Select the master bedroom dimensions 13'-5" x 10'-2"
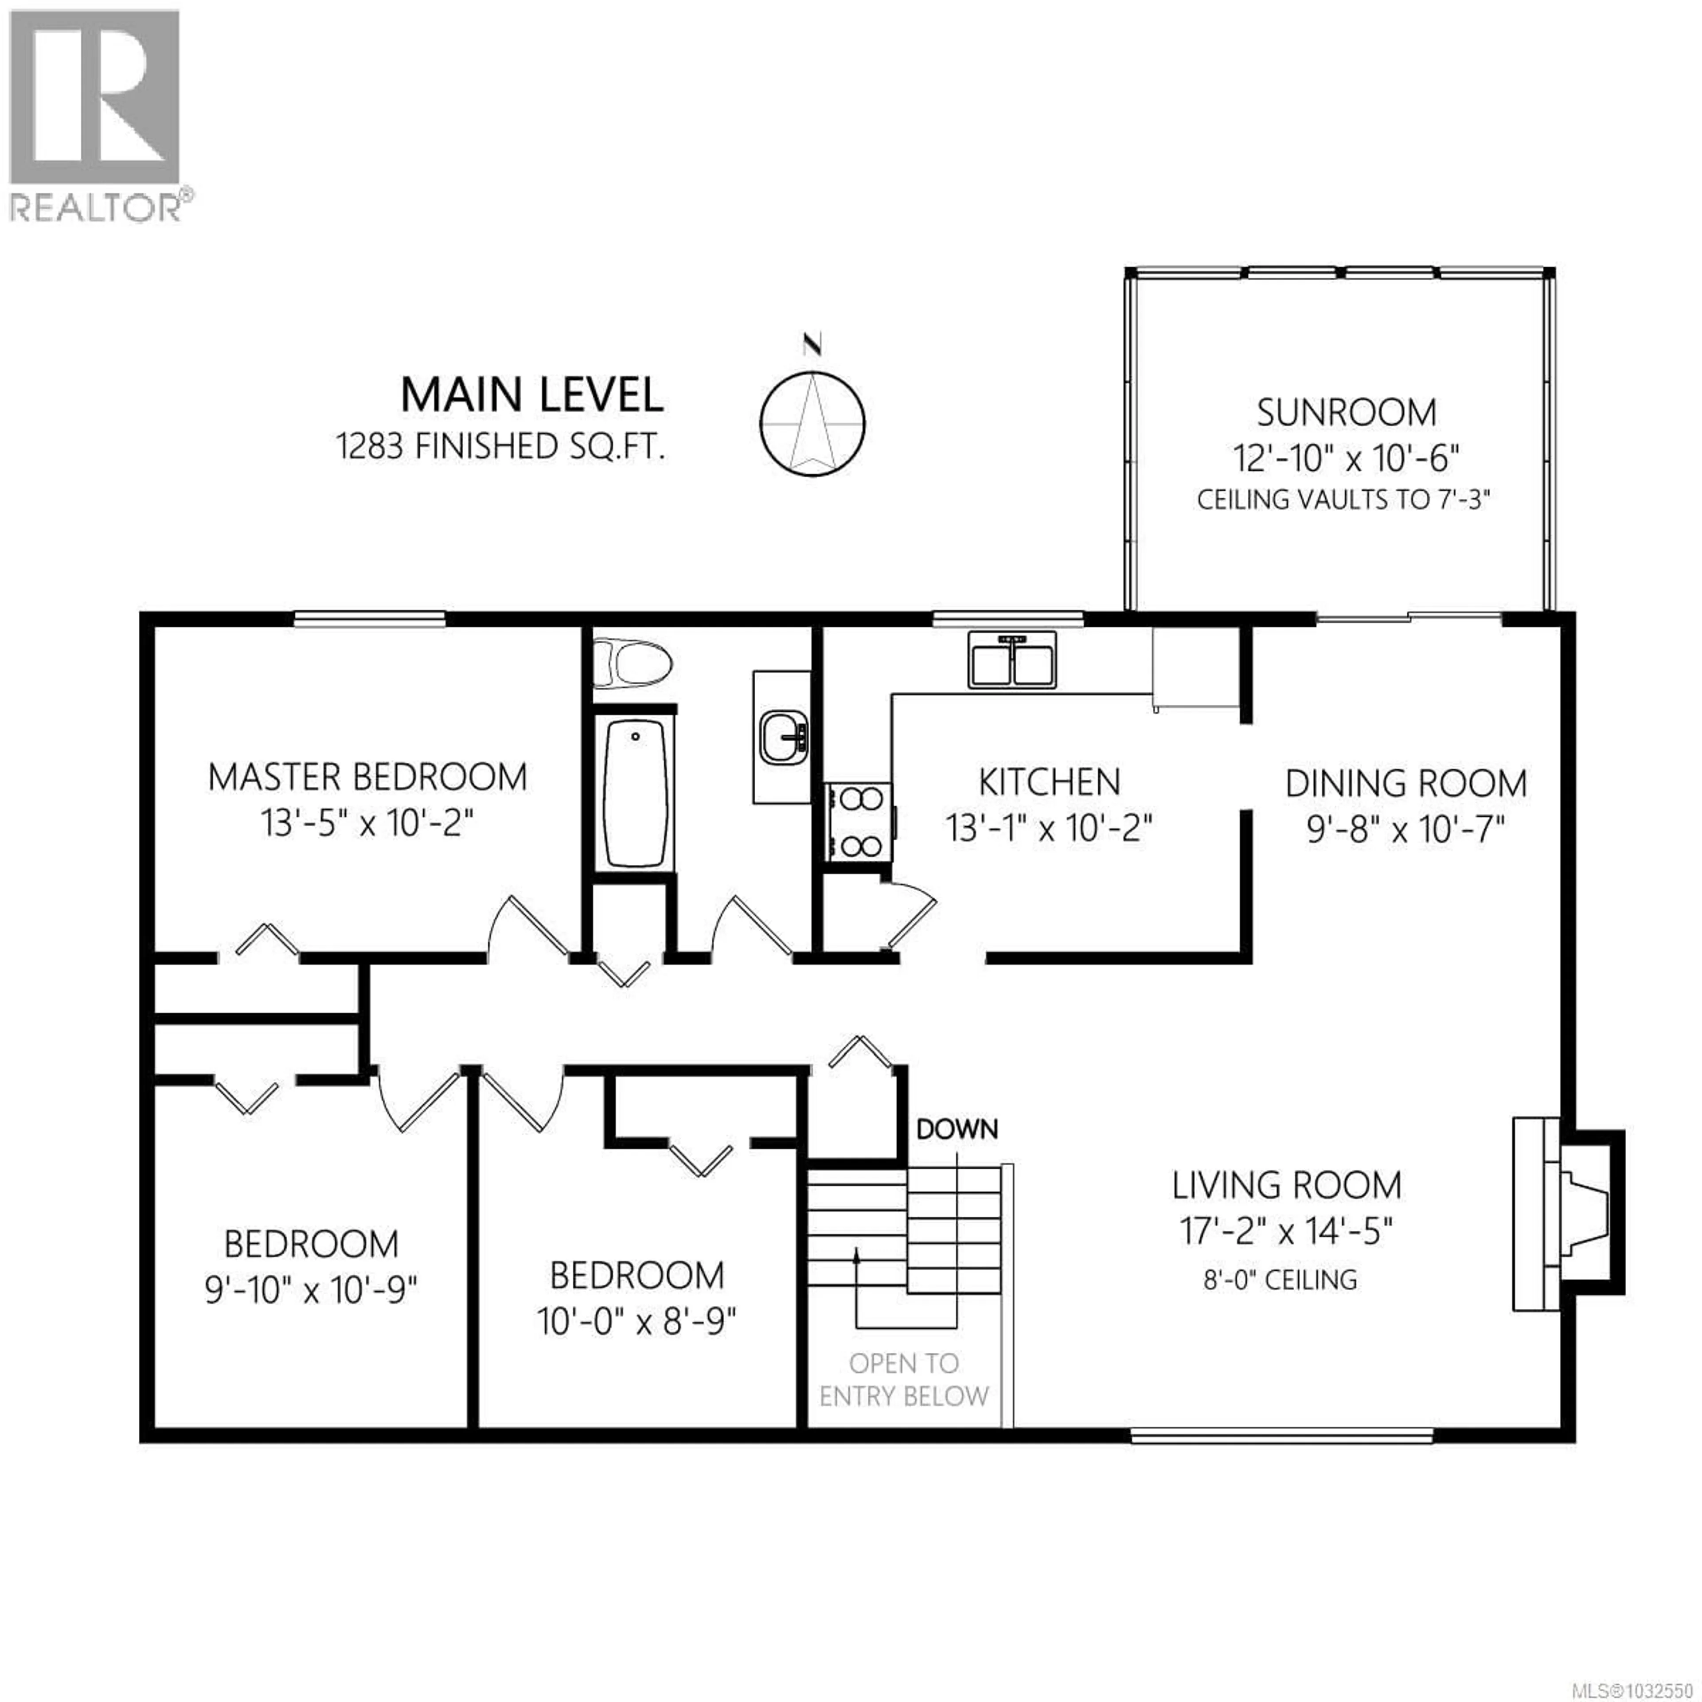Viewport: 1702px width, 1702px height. coord(367,824)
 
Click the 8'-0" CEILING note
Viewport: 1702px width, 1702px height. coord(1280,1279)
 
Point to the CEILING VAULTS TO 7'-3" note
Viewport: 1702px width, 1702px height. coord(1343,500)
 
